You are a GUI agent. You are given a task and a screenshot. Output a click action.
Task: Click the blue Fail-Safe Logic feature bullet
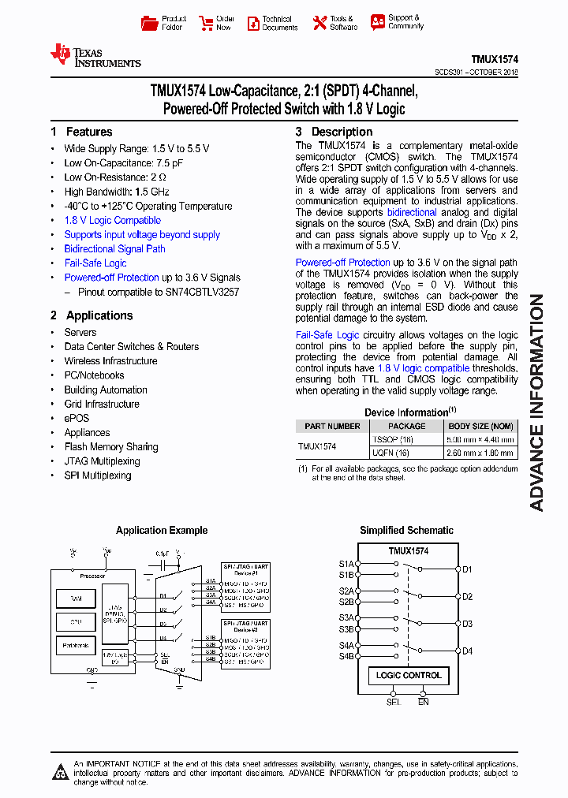pyautogui.click(x=95, y=263)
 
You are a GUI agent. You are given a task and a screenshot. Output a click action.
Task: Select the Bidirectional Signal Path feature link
pyautogui.click(x=114, y=249)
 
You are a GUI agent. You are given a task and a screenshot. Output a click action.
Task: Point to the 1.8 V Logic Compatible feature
pyautogui.click(x=112, y=221)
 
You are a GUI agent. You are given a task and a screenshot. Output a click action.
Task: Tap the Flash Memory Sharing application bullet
pyautogui.click(x=111, y=447)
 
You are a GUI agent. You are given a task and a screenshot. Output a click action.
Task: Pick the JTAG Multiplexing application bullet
pyautogui.click(x=102, y=461)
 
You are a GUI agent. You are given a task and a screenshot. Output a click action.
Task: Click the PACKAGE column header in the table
pyautogui.click(x=407, y=427)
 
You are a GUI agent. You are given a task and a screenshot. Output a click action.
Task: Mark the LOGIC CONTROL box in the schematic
pyautogui.click(x=409, y=676)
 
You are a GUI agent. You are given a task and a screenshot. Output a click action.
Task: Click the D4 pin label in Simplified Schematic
pyautogui.click(x=467, y=651)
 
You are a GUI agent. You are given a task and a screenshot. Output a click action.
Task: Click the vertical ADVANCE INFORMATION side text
pyautogui.click(x=537, y=402)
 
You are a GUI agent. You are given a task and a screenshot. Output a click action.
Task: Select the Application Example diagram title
pyautogui.click(x=162, y=531)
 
